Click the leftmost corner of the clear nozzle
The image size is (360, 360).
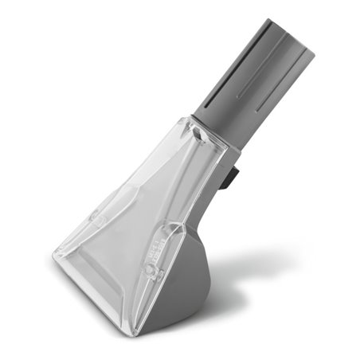[x=56, y=256]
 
